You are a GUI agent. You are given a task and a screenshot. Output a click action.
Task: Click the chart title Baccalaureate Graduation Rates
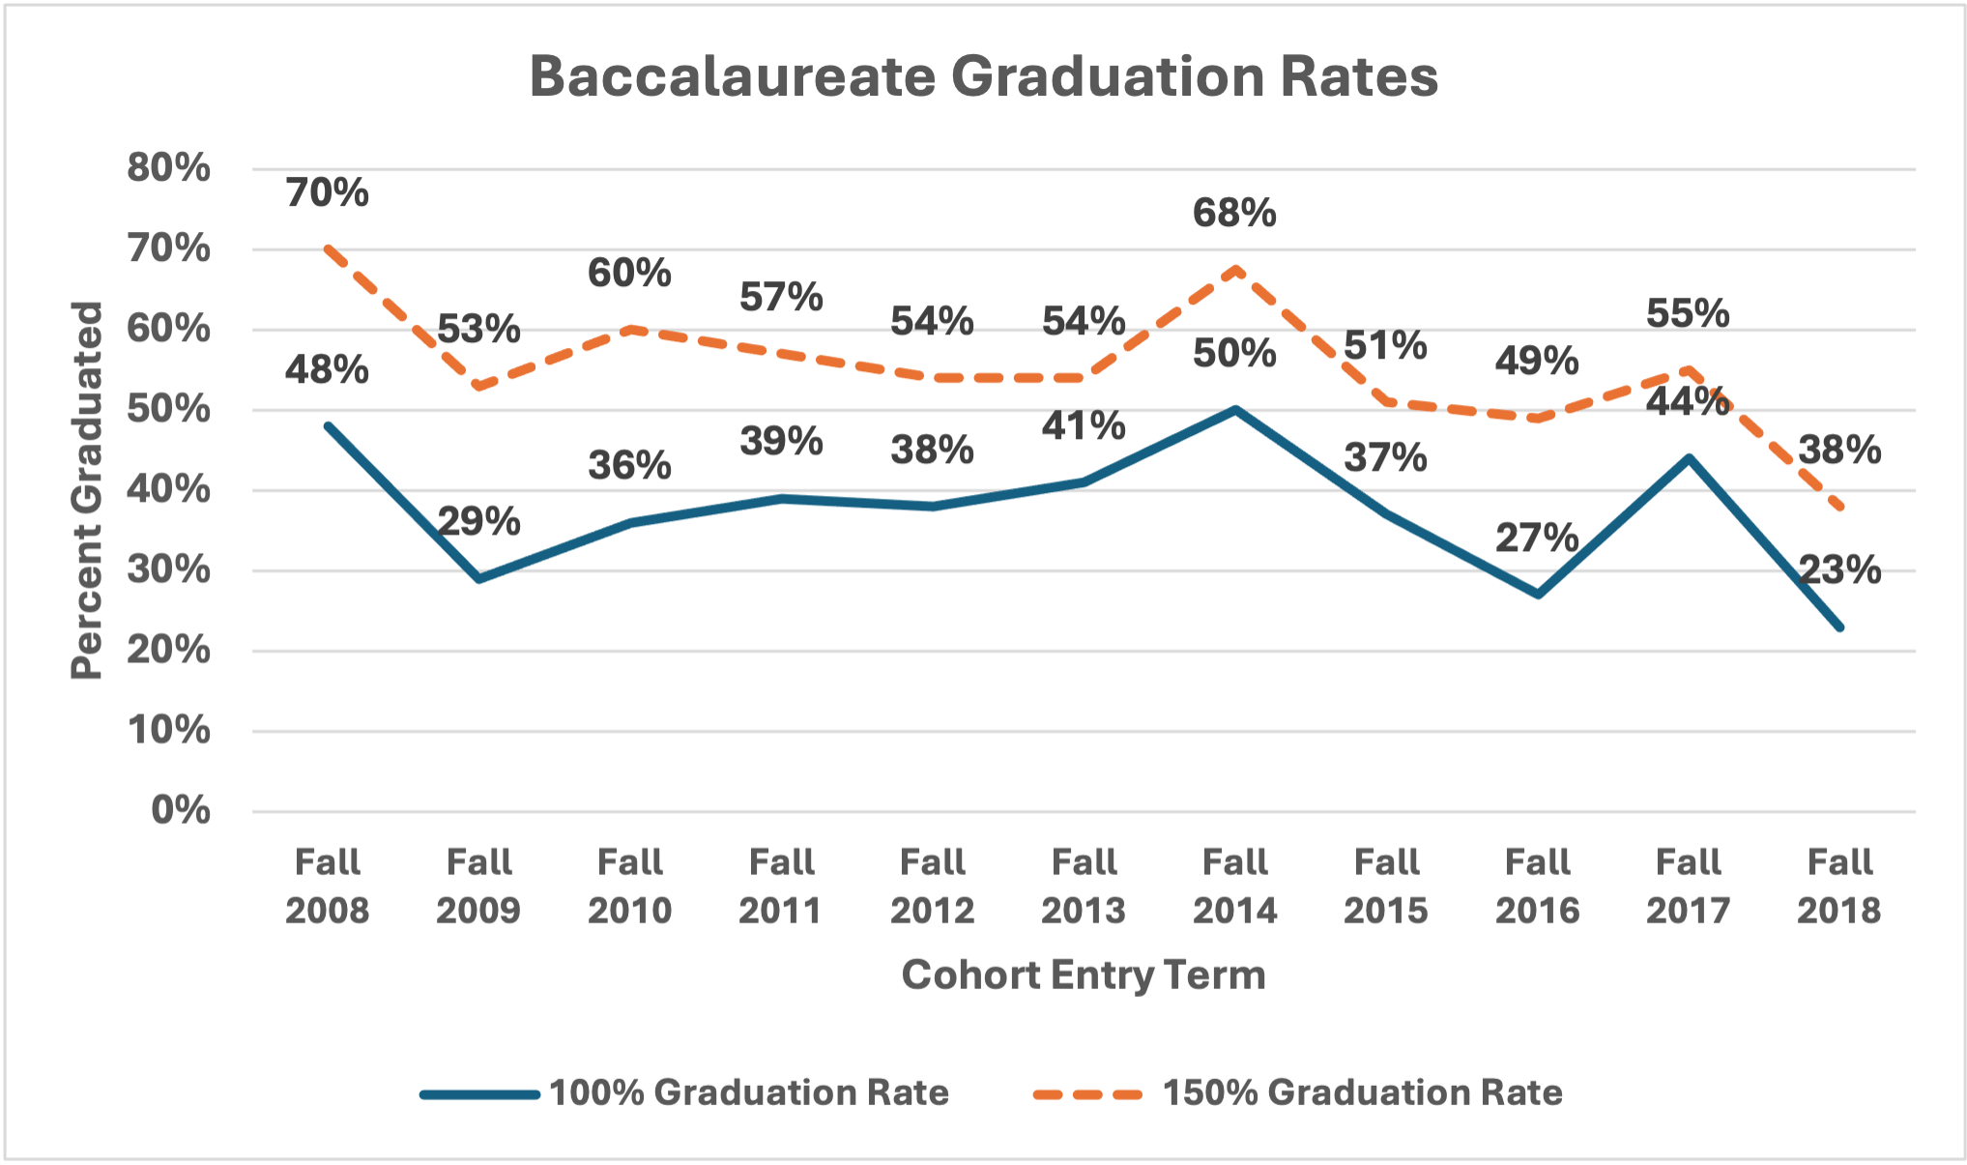tap(983, 77)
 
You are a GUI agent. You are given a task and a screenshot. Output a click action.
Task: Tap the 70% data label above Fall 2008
tap(327, 192)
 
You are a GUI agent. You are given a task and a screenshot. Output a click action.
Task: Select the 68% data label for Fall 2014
tap(1234, 213)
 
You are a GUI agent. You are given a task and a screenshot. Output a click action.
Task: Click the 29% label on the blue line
tap(478, 522)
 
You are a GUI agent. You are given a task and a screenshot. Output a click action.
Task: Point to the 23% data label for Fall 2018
tap(1839, 570)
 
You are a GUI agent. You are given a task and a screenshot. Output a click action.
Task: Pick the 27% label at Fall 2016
tap(1537, 538)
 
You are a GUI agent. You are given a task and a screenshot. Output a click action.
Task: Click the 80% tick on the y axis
tap(168, 168)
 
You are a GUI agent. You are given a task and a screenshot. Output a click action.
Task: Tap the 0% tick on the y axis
tap(180, 810)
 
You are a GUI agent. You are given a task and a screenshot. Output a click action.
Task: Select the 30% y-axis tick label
tap(168, 569)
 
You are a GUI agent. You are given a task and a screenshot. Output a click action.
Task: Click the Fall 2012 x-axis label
tap(932, 886)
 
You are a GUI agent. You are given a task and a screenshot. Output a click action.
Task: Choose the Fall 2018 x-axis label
tap(1839, 886)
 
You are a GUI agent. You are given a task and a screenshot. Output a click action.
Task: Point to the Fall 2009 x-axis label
tap(478, 886)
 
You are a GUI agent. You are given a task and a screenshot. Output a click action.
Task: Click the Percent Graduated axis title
tap(87, 489)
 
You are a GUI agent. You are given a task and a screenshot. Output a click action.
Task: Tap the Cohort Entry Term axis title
tap(1083, 975)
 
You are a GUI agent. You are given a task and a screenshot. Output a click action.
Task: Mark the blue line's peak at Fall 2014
tap(1235, 410)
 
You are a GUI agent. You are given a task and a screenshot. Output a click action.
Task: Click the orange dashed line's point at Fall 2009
tap(478, 387)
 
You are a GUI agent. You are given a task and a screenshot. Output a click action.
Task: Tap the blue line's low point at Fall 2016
tap(1538, 595)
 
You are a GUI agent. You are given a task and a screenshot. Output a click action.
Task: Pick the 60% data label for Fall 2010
tap(629, 274)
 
